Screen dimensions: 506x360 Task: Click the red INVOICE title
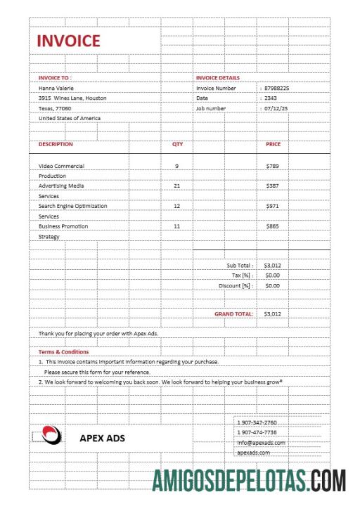pyautogui.click(x=68, y=41)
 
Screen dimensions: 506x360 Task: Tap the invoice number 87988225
pyautogui.click(x=277, y=89)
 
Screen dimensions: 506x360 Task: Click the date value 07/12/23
pyautogui.click(x=277, y=109)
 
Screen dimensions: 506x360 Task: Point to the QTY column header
pyautogui.click(x=177, y=144)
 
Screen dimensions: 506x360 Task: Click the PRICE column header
pyautogui.click(x=273, y=144)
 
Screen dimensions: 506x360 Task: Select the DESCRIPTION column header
pyautogui.click(x=56, y=144)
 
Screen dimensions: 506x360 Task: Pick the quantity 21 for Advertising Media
pyautogui.click(x=176, y=186)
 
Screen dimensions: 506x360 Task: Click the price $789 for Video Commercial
pyautogui.click(x=273, y=166)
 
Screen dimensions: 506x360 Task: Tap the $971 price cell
pyautogui.click(x=273, y=206)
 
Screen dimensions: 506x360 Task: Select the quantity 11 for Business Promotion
pyautogui.click(x=176, y=226)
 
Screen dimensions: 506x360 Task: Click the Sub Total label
pyautogui.click(x=240, y=266)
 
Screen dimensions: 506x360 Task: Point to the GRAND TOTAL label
pyautogui.click(x=233, y=314)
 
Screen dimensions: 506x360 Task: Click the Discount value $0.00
pyautogui.click(x=272, y=286)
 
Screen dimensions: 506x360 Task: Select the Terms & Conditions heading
pyautogui.click(x=63, y=351)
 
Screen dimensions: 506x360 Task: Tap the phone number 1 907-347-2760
pyautogui.click(x=257, y=422)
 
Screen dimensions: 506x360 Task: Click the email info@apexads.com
pyautogui.click(x=261, y=443)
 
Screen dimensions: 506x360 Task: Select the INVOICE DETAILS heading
pyautogui.click(x=217, y=78)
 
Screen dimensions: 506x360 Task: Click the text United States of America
pyautogui.click(x=69, y=119)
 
